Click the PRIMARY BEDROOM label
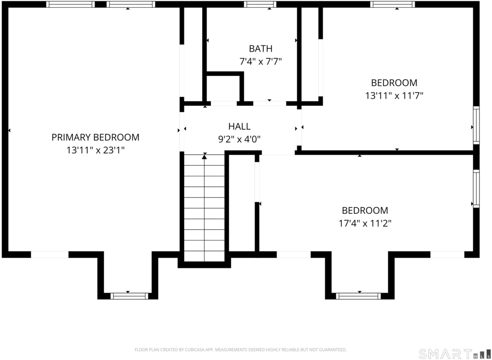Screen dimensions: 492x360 point(96,137)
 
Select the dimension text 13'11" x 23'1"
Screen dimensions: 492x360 point(96,150)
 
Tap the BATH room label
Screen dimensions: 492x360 point(260,49)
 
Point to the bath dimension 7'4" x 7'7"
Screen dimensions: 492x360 point(260,62)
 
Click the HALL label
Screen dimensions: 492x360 point(239,126)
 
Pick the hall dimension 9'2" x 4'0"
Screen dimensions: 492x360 point(239,139)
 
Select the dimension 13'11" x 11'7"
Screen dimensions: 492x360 point(394,96)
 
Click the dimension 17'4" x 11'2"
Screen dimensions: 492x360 point(365,223)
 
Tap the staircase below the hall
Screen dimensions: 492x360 point(204,208)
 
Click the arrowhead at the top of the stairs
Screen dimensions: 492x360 point(204,156)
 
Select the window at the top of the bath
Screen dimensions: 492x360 point(260,4)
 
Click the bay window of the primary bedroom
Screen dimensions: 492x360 point(129,296)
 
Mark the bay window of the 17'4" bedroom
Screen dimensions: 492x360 point(358,296)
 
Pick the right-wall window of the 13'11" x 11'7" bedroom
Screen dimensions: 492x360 point(476,125)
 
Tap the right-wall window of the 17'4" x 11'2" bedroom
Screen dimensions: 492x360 point(476,188)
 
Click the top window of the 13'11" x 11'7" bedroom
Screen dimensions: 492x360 point(393,4)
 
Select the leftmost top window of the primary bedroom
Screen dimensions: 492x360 point(71,4)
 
